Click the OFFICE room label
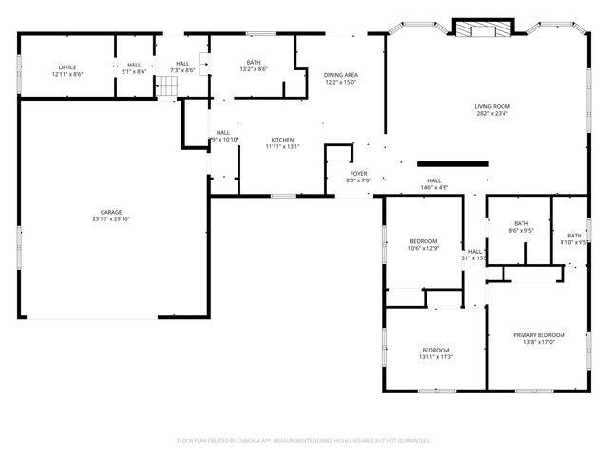point(67,66)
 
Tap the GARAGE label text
point(112,212)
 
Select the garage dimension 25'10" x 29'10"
point(112,218)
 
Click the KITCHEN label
point(283,140)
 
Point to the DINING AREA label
point(341,74)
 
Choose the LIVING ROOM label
point(493,106)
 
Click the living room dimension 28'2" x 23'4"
point(493,114)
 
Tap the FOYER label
point(358,173)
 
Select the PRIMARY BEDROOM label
point(539,335)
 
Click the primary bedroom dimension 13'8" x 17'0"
point(539,342)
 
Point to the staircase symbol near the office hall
point(167,88)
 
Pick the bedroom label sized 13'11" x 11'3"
point(436,350)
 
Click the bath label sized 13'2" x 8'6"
point(254,63)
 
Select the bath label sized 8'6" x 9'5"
point(521,223)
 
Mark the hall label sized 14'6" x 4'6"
point(434,180)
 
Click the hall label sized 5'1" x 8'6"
point(134,66)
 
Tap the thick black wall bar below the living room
point(452,163)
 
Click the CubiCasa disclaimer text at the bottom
point(304,440)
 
